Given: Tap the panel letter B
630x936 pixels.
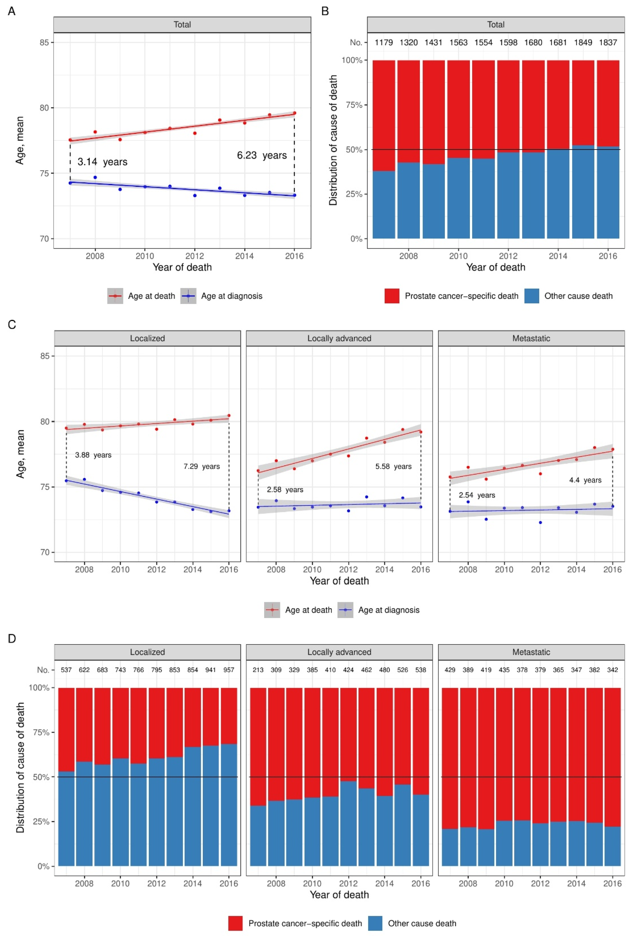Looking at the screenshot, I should (x=325, y=11).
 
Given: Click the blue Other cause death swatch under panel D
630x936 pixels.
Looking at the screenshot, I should (x=375, y=923).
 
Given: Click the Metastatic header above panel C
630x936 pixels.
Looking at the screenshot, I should (x=531, y=338).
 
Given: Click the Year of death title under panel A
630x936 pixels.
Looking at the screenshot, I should (x=182, y=267).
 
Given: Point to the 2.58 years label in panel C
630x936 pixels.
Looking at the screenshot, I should (x=285, y=489).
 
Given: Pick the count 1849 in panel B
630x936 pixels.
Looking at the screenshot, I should (x=582, y=42).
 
